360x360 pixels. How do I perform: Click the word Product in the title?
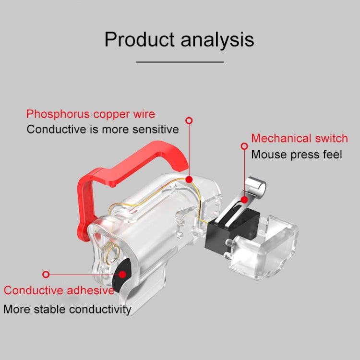click(139, 39)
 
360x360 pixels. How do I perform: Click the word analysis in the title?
click(217, 40)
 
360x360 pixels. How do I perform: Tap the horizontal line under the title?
click(180, 62)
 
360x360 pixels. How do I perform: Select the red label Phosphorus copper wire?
click(91, 114)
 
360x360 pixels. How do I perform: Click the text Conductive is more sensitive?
click(103, 129)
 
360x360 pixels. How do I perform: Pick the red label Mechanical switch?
click(300, 138)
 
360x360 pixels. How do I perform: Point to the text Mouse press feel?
click(297, 154)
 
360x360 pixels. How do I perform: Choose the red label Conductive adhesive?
click(59, 290)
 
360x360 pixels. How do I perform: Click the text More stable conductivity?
click(67, 309)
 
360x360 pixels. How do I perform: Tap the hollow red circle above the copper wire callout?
click(189, 120)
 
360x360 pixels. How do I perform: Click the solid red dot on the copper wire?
click(189, 180)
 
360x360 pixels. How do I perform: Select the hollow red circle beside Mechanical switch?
click(244, 146)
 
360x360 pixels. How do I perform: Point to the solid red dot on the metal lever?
click(244, 200)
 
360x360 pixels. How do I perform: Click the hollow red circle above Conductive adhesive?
click(46, 275)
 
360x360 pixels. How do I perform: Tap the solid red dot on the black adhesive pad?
click(122, 275)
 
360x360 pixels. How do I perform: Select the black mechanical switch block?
click(232, 232)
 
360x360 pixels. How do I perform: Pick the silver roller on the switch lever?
click(255, 187)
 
